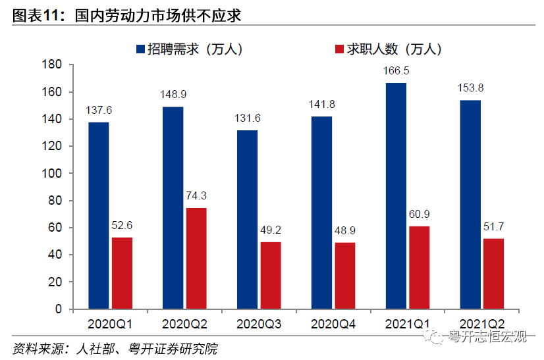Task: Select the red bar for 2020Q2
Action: pos(196,258)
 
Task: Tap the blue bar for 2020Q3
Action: pos(248,219)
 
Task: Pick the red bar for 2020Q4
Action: pos(345,275)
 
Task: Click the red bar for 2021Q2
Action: pos(494,273)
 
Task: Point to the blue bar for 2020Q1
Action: pos(99,215)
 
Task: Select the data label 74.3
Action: pos(196,195)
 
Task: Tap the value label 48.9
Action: pos(345,230)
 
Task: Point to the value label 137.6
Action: pos(99,110)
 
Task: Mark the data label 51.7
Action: pos(494,226)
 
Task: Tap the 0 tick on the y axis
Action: pos(58,309)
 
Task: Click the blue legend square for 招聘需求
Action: pos(140,49)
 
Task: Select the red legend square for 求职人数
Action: pos(340,49)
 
